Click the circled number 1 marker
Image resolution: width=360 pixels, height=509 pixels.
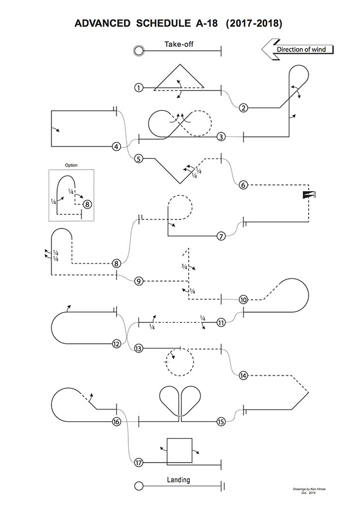138,88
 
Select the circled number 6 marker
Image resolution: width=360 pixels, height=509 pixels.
243,185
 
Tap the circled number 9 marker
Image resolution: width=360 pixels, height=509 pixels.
138,281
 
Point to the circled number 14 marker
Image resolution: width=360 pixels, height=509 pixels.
243,375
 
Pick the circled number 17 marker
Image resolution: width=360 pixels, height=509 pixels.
138,463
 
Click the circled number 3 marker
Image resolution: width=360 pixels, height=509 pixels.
221,136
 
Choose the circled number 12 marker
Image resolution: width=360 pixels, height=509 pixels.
116,343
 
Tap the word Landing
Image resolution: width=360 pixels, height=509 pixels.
179,480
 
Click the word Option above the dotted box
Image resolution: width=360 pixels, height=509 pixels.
71,165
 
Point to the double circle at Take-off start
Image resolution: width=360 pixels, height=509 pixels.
138,51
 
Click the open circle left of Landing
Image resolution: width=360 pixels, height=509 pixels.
138,485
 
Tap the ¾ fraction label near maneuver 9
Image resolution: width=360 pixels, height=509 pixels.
184,266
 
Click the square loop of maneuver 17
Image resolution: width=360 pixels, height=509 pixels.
179,451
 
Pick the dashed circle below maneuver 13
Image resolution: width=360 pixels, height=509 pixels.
179,361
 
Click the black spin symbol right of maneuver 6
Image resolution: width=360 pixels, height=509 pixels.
307,195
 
